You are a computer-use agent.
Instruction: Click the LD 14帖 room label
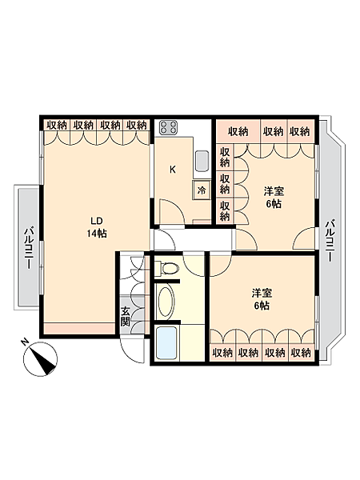(x=97, y=227)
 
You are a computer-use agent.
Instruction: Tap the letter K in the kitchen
(x=173, y=170)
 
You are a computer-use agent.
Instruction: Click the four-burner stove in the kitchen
(x=169, y=127)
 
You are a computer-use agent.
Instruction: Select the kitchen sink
(x=202, y=161)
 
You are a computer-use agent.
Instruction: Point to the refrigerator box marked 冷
(x=202, y=190)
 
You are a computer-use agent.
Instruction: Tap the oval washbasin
(x=165, y=302)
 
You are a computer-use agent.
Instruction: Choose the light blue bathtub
(x=167, y=343)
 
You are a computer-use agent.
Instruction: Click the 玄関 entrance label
(x=126, y=316)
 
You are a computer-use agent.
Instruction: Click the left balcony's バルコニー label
(x=29, y=247)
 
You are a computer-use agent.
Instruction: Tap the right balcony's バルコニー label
(x=329, y=241)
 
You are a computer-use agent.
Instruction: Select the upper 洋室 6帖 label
(x=274, y=198)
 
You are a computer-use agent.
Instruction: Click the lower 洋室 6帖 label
(x=262, y=300)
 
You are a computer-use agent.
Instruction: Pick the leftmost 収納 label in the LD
(x=57, y=126)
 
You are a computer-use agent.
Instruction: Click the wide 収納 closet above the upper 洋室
(x=238, y=132)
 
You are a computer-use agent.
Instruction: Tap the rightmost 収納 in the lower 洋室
(x=301, y=354)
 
